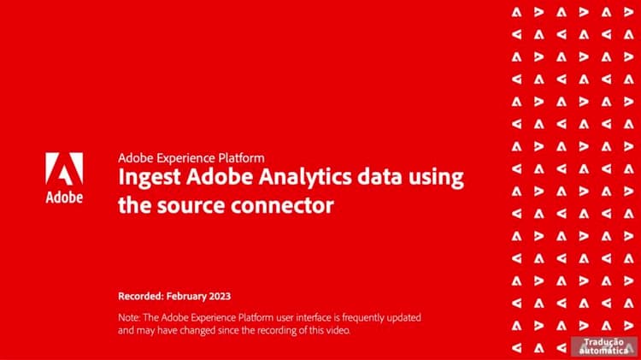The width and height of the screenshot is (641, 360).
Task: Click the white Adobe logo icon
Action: [64, 168]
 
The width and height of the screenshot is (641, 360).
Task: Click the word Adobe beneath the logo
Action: [64, 197]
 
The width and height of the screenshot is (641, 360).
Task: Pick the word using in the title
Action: [435, 180]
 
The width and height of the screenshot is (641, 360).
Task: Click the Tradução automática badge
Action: [604, 345]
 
